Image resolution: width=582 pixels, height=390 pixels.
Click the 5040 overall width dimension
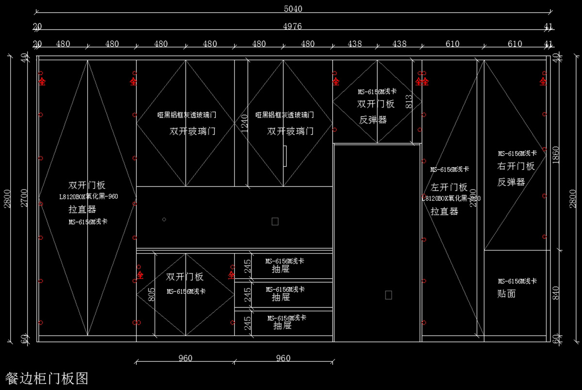point(292,9)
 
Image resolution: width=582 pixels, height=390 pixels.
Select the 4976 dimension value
point(292,26)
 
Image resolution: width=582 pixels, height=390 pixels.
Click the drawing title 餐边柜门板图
point(47,378)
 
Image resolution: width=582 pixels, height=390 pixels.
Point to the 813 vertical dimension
point(408,101)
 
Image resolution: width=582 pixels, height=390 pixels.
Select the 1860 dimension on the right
point(556,156)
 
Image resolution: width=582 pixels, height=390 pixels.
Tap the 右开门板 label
point(516,166)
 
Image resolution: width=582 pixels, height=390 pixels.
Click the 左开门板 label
point(449,187)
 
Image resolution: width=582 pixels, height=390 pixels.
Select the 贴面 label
point(506,293)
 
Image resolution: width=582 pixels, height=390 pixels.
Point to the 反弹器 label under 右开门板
point(511,182)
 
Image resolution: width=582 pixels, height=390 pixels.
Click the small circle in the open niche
point(164,220)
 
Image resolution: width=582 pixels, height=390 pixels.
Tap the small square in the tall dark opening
point(388,295)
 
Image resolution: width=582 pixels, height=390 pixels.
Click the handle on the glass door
point(286,156)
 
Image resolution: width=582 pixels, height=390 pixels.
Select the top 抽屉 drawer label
point(281,269)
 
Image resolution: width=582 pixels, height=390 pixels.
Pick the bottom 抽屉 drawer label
point(282,326)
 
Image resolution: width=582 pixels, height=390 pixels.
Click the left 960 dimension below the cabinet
point(185,358)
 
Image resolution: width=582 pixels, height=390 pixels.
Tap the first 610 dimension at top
point(452,44)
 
